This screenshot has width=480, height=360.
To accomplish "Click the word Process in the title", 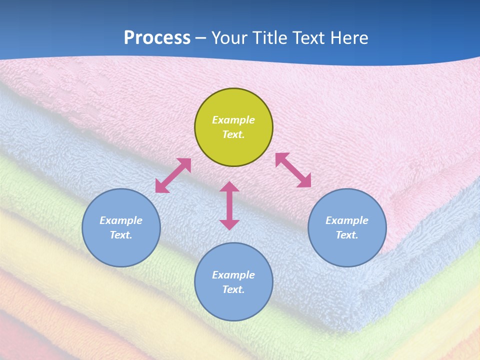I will click(157, 38).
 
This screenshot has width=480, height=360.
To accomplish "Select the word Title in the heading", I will click(273, 38).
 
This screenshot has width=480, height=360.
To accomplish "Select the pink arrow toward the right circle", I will click(293, 170).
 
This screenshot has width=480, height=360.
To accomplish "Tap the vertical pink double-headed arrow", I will click(229, 205).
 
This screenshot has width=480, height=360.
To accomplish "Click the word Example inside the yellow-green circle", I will click(233, 120).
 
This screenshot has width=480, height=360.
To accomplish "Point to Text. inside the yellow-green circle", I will click(233, 134).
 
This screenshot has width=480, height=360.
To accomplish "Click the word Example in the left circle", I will click(121, 220).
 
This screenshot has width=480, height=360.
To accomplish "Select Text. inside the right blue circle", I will click(347, 235).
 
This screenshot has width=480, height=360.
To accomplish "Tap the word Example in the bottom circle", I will click(233, 275).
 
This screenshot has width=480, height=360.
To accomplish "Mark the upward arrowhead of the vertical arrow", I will click(229, 187).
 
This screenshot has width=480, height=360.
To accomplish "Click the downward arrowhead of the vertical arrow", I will click(229, 224).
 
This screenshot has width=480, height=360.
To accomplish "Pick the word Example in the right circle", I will click(347, 220).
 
